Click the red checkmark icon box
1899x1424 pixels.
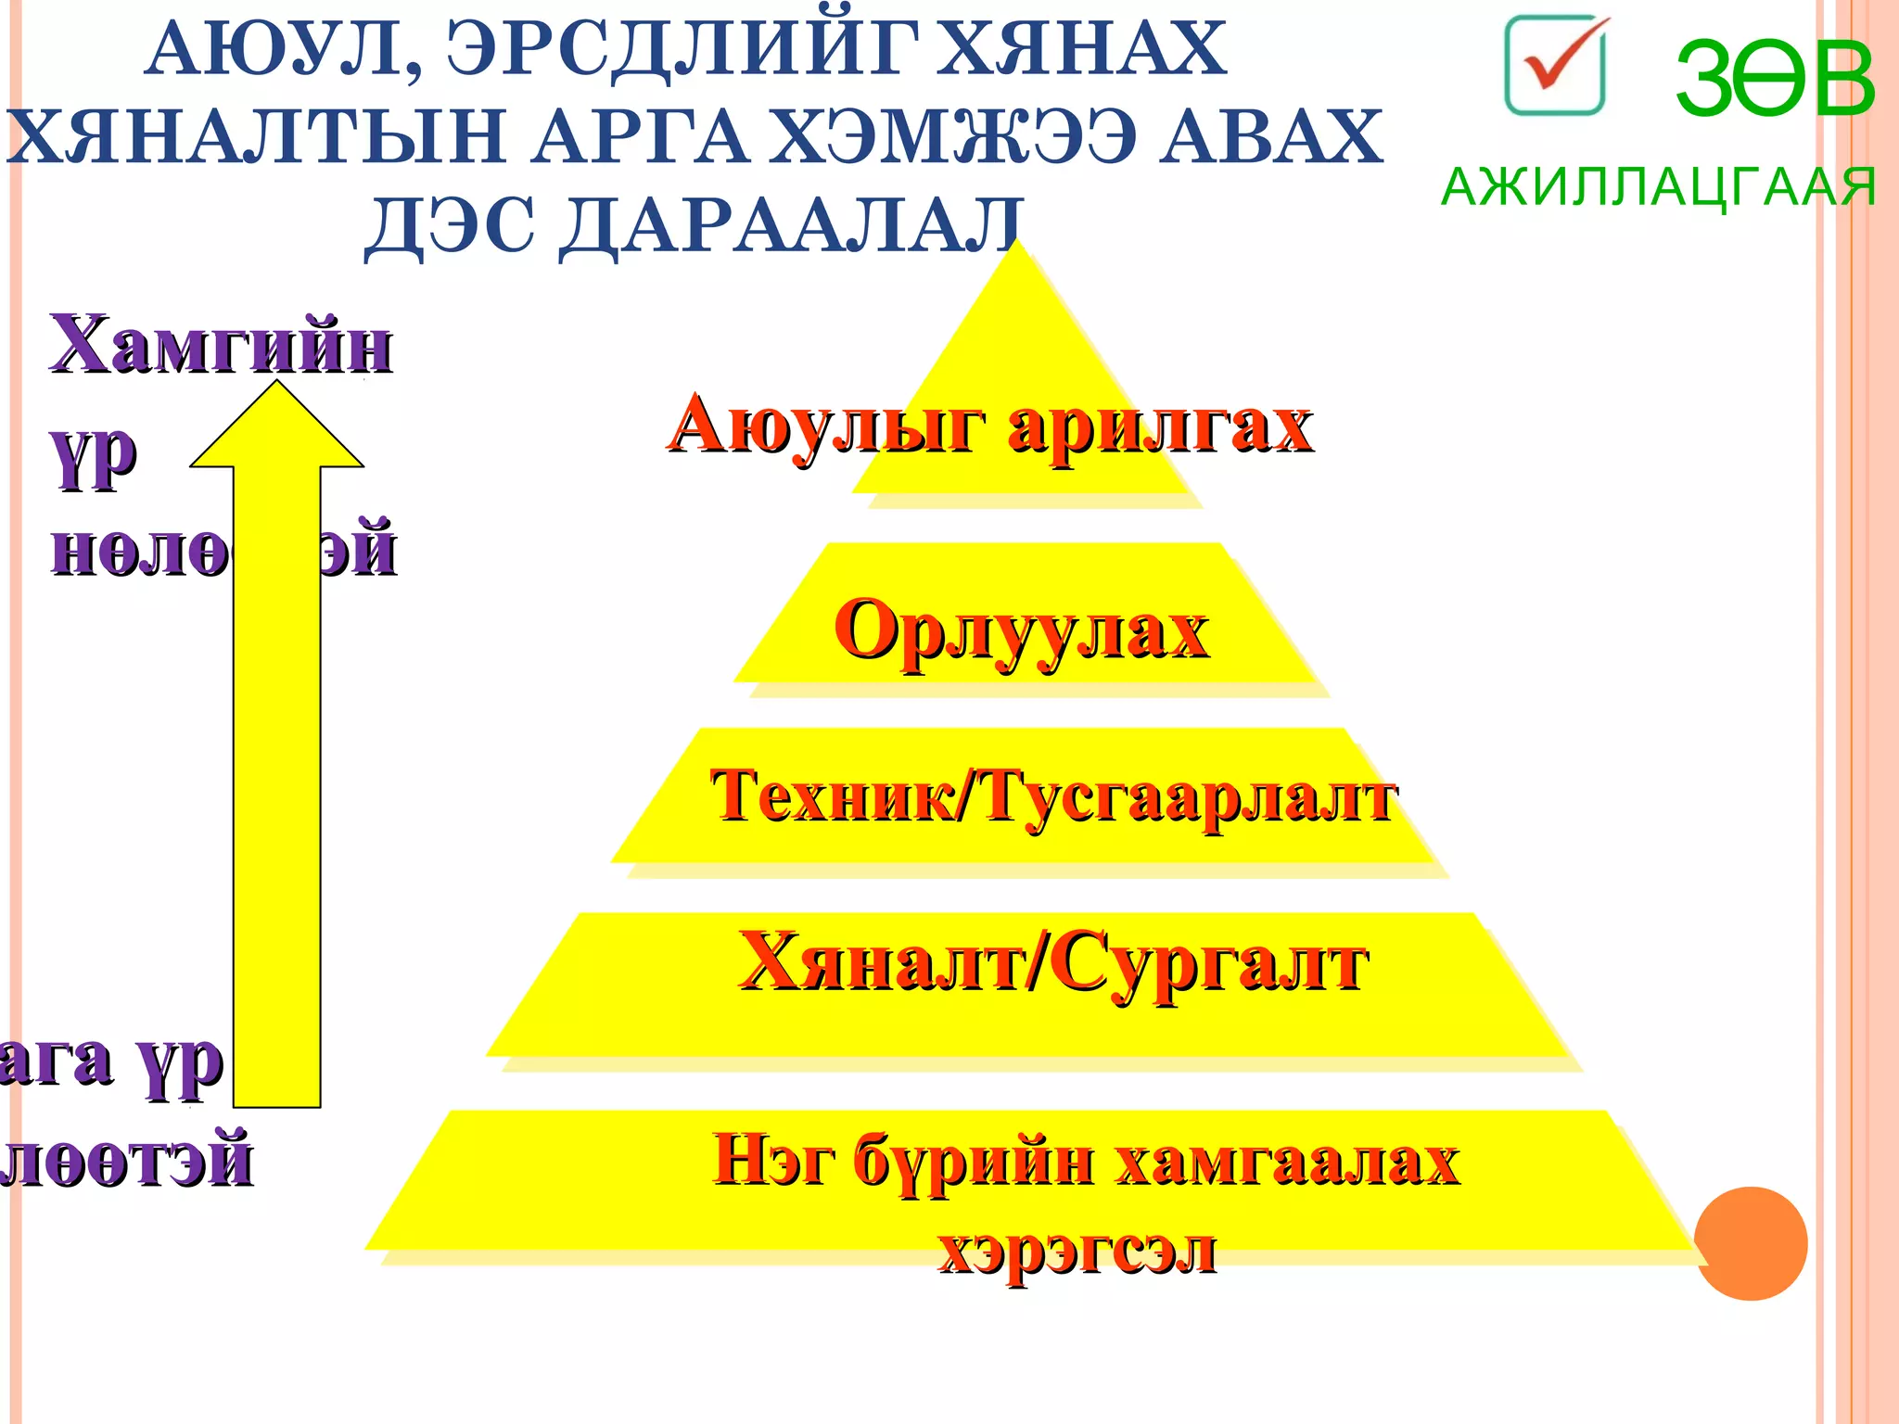click(1555, 66)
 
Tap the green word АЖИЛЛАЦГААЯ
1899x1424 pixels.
click(1658, 187)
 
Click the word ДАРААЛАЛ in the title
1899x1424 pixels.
click(793, 226)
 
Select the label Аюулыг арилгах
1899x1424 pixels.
click(989, 427)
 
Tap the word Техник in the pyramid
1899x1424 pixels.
click(831, 795)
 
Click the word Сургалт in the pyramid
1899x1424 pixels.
click(1209, 964)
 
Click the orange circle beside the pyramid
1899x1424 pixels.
click(1750, 1243)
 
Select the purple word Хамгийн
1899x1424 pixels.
click(221, 345)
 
